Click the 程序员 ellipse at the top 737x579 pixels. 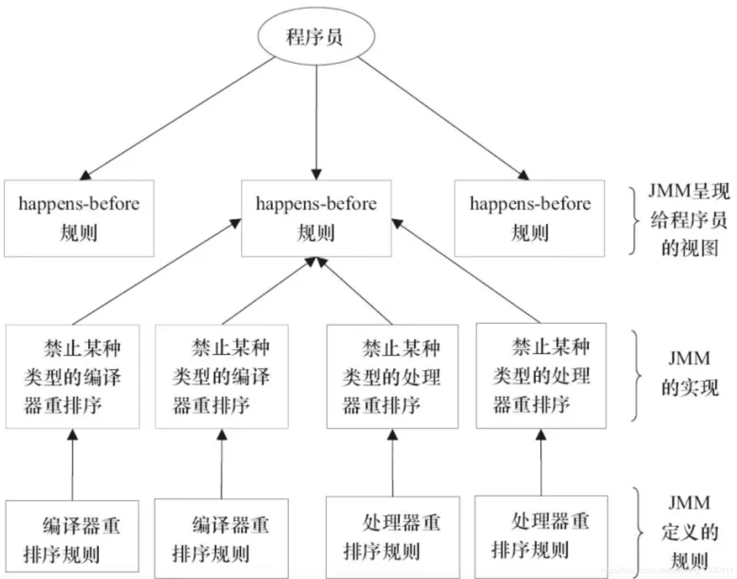pyautogui.click(x=316, y=37)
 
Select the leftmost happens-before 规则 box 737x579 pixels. pyautogui.click(x=79, y=218)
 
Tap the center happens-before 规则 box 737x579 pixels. pyautogui.click(x=316, y=218)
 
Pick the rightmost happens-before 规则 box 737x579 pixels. pyautogui.click(x=529, y=218)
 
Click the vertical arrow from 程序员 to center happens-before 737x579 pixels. pyautogui.click(x=316, y=119)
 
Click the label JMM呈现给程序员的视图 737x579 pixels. pyautogui.click(x=689, y=219)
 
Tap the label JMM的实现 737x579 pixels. pyautogui.click(x=690, y=373)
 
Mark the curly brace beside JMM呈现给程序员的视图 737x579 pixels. pyautogui.click(x=634, y=221)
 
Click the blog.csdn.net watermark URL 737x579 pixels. pyautogui.click(x=667, y=570)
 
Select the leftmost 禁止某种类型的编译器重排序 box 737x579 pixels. pyautogui.click(x=72, y=376)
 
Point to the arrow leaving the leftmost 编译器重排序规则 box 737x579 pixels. pyautogui.click(x=72, y=465)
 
